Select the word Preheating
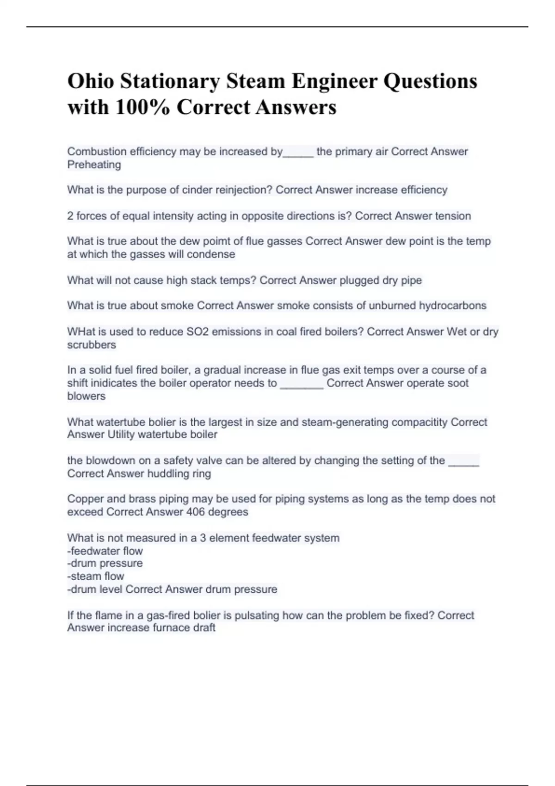94,165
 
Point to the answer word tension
451,216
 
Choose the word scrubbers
92,345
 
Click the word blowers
86,396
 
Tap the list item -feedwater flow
105,551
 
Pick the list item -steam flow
96,576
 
